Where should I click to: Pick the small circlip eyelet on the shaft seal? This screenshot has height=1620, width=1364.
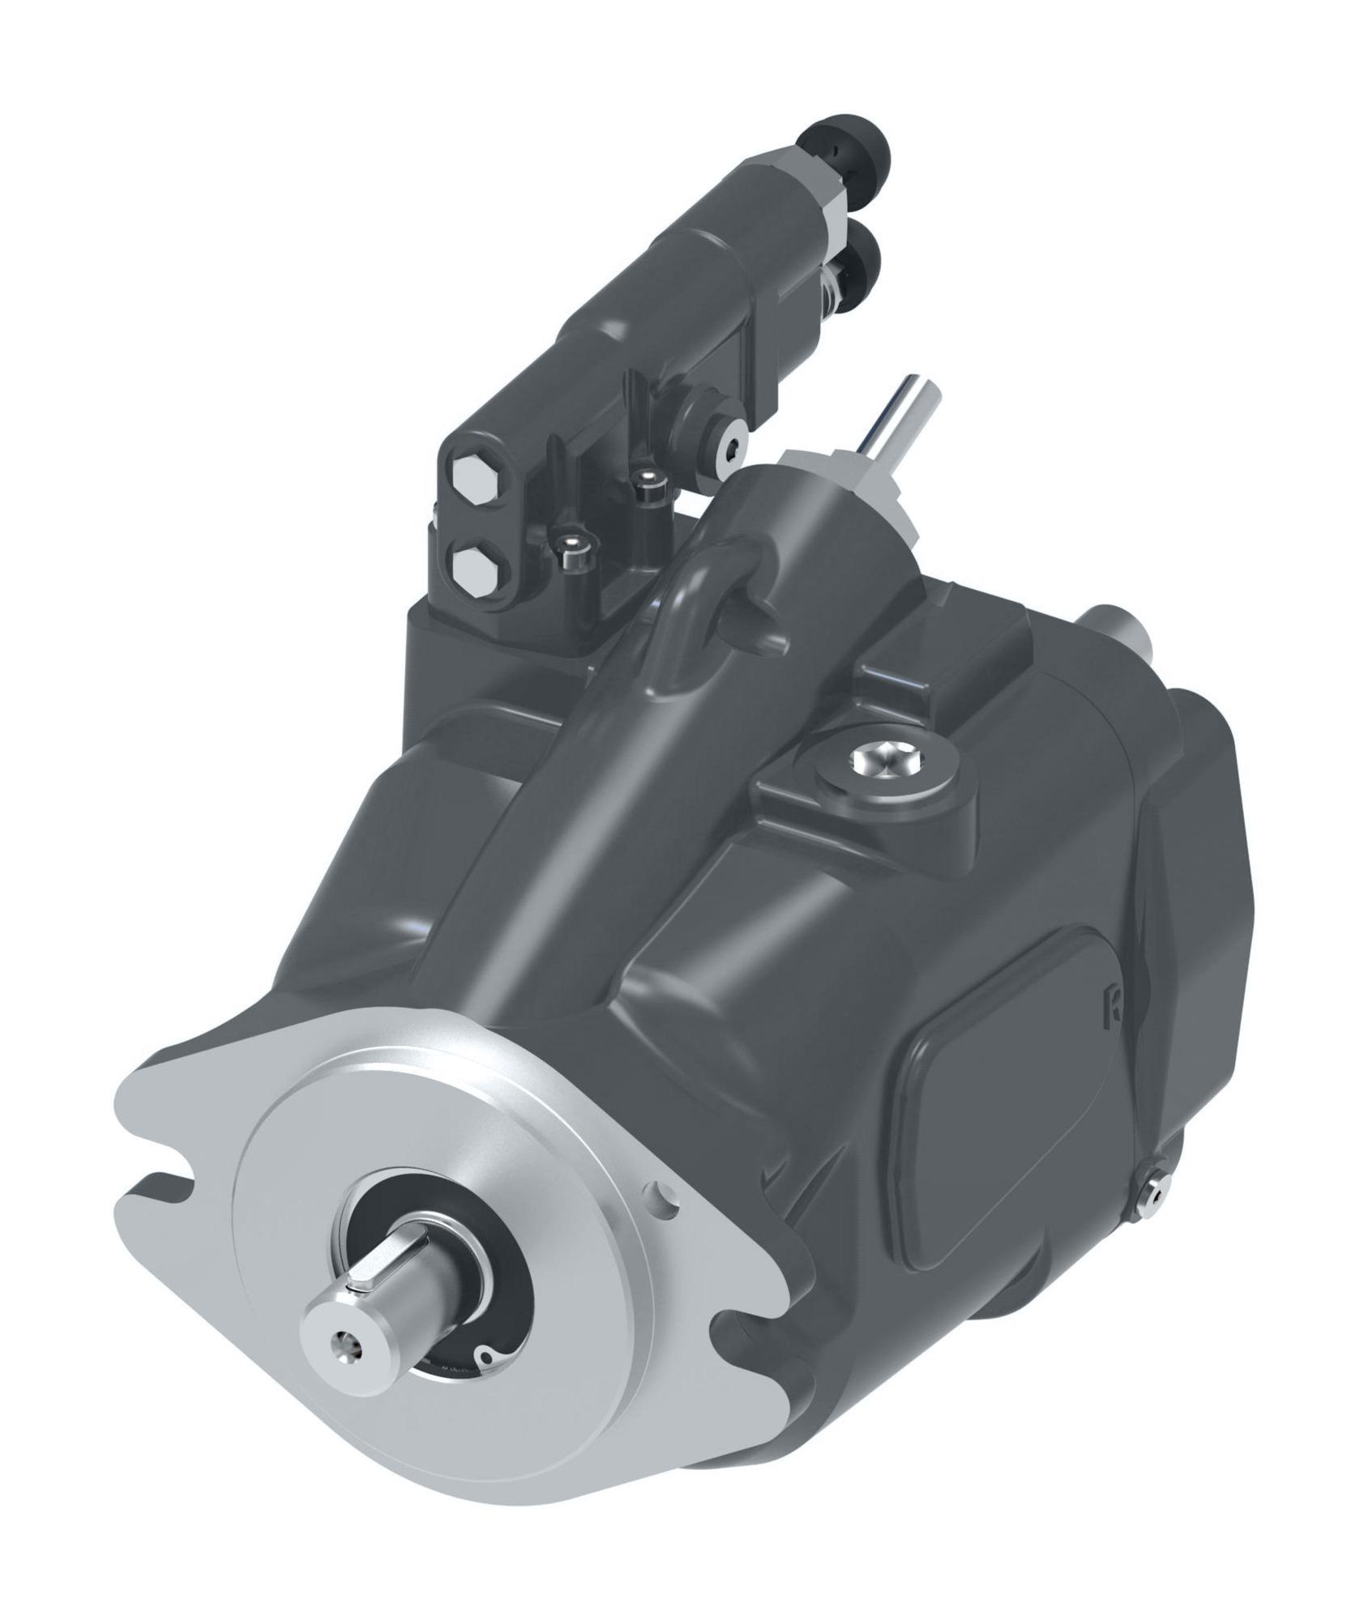(x=485, y=1356)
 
